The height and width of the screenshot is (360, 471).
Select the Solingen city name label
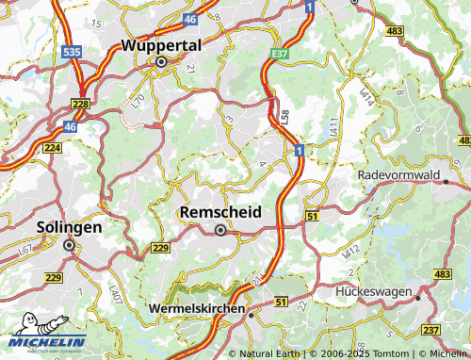tap(68, 227)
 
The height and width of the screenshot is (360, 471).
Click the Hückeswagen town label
tap(374, 292)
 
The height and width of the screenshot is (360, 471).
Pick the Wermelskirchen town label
tap(197, 308)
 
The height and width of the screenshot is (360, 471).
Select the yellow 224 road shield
tap(52, 148)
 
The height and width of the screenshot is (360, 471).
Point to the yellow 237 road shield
tap(430, 329)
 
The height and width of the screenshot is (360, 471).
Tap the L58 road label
tap(284, 117)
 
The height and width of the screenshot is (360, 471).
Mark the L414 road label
tap(366, 95)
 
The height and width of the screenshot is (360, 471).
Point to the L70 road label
tap(138, 99)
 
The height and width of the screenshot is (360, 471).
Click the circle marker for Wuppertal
tap(161, 61)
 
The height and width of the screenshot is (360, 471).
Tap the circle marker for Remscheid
tap(220, 230)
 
